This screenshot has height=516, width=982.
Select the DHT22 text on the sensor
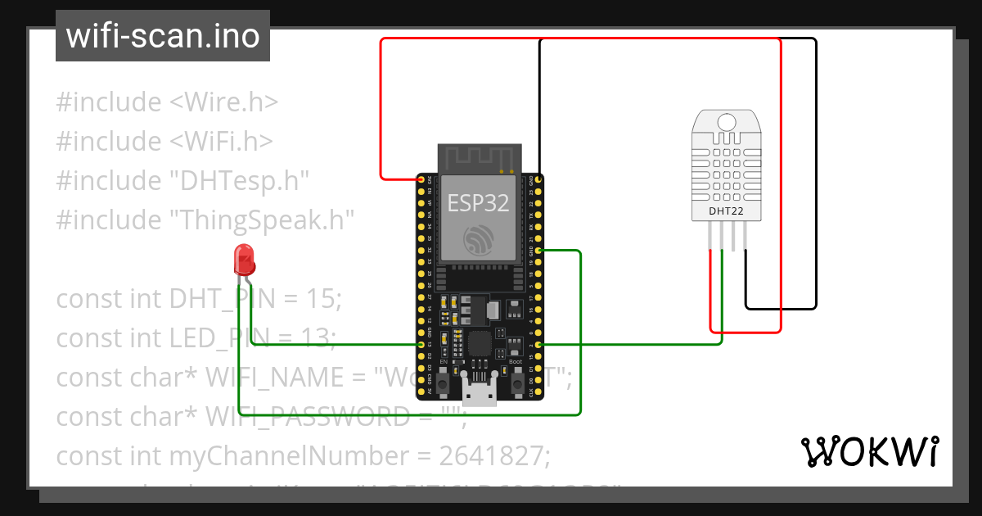[727, 211]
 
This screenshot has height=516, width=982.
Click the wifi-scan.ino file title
[162, 36]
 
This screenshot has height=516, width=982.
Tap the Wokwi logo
[869, 451]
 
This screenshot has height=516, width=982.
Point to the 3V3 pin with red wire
[421, 179]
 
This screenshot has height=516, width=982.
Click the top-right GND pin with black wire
[538, 179]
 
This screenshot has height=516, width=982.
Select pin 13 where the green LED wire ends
[421, 345]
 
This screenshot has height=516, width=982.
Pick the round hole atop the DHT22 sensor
[727, 123]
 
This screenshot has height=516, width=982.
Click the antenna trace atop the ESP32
[480, 158]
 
